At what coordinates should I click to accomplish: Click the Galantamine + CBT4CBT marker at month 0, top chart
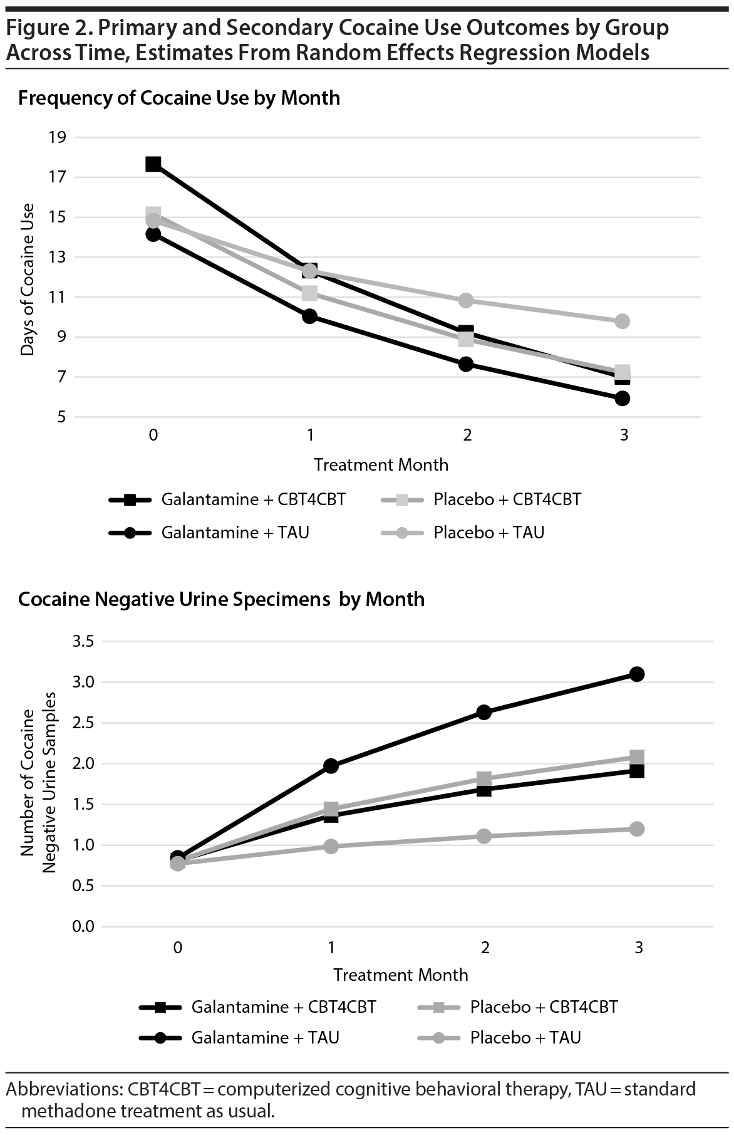click(x=153, y=164)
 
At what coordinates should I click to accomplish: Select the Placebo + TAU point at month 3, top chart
click(x=622, y=322)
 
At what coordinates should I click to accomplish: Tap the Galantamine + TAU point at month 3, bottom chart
click(x=637, y=674)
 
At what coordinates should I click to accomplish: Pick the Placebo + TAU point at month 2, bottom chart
click(x=483, y=836)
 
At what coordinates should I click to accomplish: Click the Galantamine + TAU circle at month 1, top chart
click(x=309, y=316)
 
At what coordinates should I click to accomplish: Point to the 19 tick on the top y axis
click(x=57, y=137)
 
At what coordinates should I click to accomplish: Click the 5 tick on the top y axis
click(x=61, y=417)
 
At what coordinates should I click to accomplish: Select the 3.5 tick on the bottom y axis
click(x=83, y=642)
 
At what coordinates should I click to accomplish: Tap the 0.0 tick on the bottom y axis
click(x=83, y=926)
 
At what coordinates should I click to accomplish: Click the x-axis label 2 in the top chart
click(x=467, y=435)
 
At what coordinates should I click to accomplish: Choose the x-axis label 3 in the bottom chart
click(x=638, y=947)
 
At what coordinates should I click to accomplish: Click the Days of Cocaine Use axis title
click(x=27, y=280)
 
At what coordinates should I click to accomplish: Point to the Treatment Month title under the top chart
click(x=381, y=465)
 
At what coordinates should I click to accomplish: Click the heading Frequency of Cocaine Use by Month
click(x=179, y=98)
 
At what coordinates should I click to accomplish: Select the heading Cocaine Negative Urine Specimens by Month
click(x=221, y=600)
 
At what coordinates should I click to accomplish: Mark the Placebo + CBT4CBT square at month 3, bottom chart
click(x=637, y=757)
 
